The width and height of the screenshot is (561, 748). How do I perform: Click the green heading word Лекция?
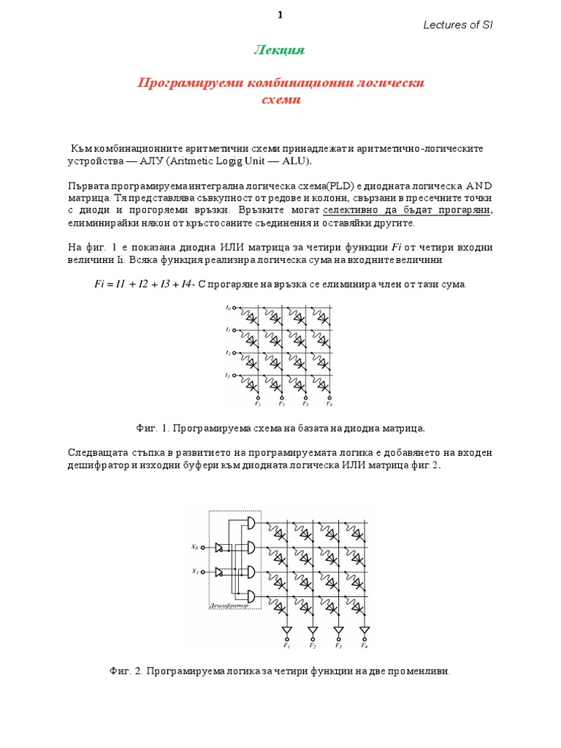(x=278, y=50)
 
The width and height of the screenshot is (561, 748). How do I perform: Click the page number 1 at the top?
(x=279, y=15)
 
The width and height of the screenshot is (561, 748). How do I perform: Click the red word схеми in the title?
(x=280, y=100)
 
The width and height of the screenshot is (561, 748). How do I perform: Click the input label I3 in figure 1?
(x=228, y=375)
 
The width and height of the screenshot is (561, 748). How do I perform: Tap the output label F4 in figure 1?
(x=329, y=403)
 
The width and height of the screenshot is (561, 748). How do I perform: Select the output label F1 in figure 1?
(x=258, y=403)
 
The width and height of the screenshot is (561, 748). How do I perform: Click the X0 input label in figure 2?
(x=195, y=546)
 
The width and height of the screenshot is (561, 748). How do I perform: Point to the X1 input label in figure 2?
(x=195, y=571)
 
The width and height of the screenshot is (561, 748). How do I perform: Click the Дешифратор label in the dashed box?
(x=229, y=606)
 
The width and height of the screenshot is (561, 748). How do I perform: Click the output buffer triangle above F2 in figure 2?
(x=313, y=630)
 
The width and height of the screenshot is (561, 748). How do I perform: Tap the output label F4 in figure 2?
(x=365, y=646)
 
